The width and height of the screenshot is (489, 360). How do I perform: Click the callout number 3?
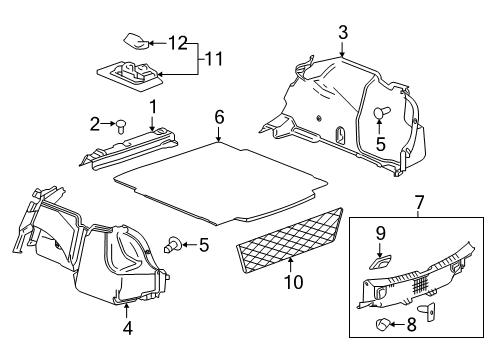click(342, 33)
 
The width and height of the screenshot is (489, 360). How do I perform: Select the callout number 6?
click(218, 117)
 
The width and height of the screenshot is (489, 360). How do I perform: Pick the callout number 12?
click(177, 42)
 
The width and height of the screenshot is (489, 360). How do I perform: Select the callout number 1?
click(154, 107)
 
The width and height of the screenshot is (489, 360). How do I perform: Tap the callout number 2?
click(96, 124)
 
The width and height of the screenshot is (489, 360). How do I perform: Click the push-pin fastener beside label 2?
click(120, 126)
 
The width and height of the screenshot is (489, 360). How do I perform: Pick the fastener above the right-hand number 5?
click(380, 114)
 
